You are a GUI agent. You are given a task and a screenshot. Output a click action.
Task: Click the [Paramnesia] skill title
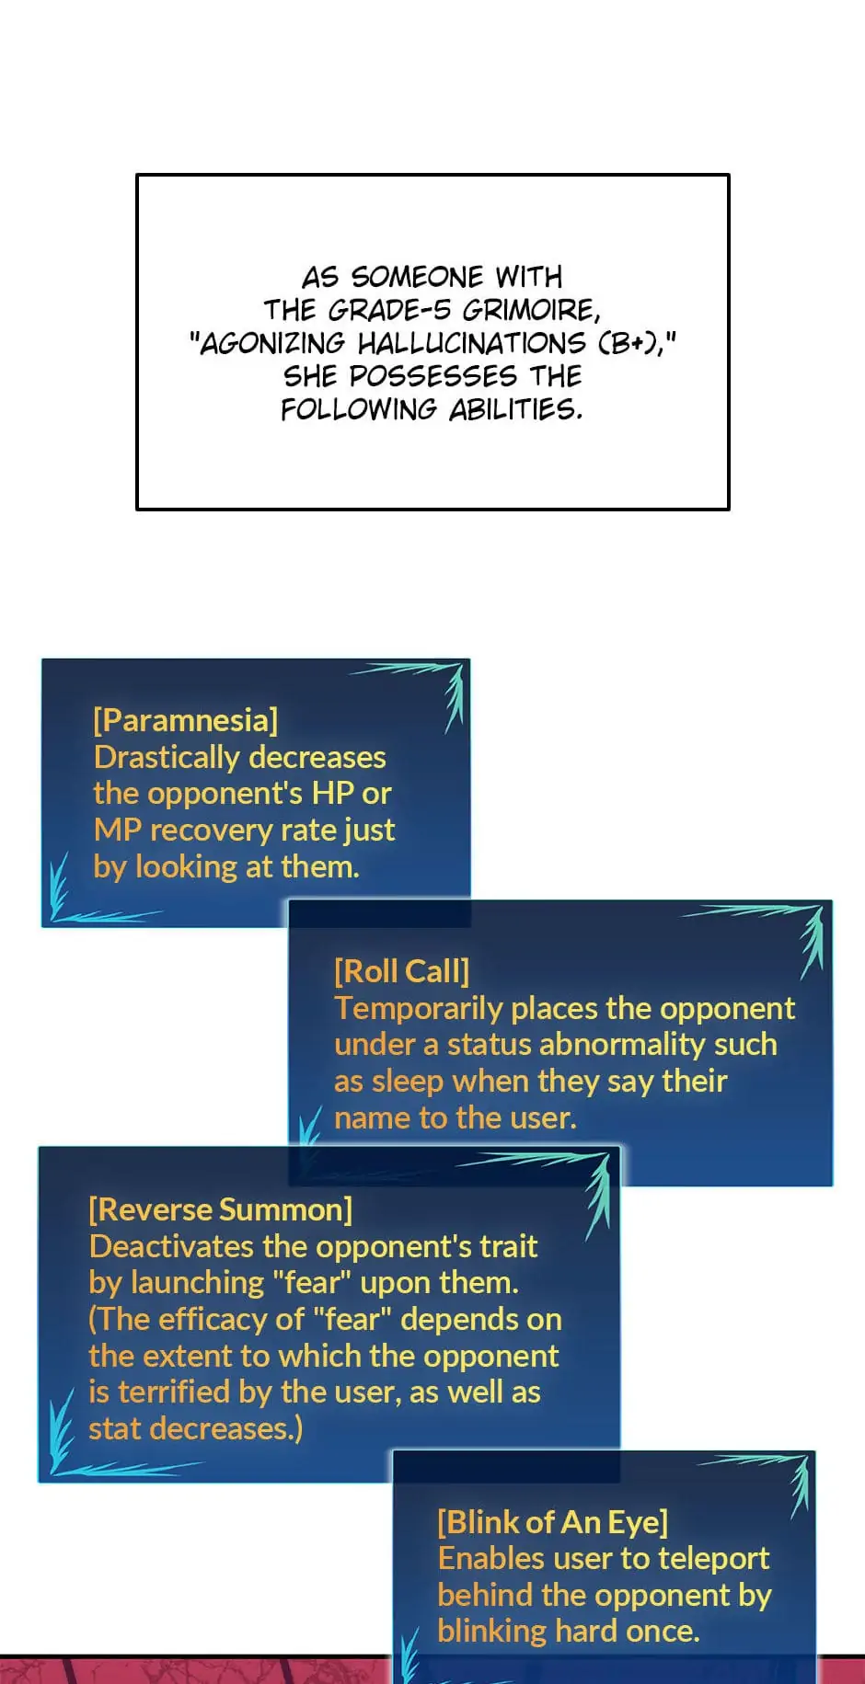point(185,720)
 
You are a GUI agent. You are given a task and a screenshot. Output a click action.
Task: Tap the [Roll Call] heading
point(401,971)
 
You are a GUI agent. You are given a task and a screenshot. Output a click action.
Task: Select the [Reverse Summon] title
point(220,1209)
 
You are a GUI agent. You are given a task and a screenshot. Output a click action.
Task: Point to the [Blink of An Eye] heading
point(552,1522)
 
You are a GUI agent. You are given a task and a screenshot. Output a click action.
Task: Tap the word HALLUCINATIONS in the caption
point(471,343)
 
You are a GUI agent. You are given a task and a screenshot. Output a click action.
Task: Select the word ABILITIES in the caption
point(515,409)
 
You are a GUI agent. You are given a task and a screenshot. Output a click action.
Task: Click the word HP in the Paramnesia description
point(332,793)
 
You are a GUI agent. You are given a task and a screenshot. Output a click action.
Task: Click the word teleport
point(713,1559)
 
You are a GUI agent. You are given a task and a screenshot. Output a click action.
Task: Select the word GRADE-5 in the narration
point(388,310)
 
